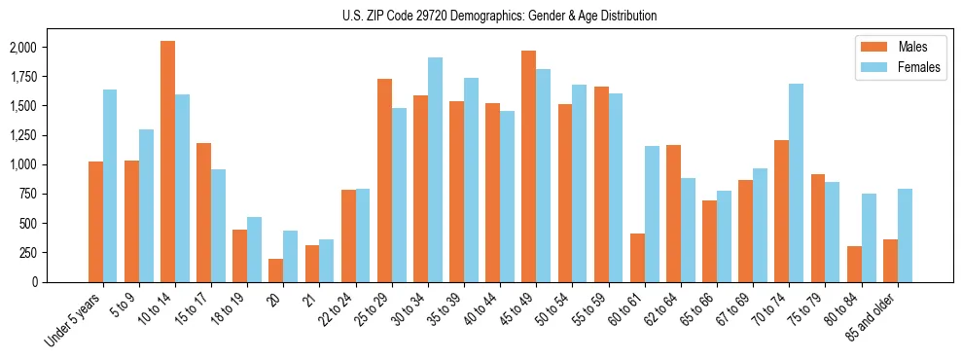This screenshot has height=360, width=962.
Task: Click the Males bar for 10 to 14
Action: tap(167, 162)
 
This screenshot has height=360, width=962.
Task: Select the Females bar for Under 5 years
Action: tap(110, 186)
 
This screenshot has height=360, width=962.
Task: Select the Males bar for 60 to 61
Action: tap(637, 258)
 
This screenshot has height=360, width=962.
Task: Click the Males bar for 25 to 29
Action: tap(384, 180)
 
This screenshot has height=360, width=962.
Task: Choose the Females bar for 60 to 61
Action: tap(652, 214)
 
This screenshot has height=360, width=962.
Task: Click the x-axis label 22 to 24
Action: tap(336, 312)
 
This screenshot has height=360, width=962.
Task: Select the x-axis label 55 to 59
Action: tap(588, 312)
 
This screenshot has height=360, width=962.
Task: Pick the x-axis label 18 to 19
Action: tap(228, 312)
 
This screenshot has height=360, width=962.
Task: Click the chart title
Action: tap(500, 16)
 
